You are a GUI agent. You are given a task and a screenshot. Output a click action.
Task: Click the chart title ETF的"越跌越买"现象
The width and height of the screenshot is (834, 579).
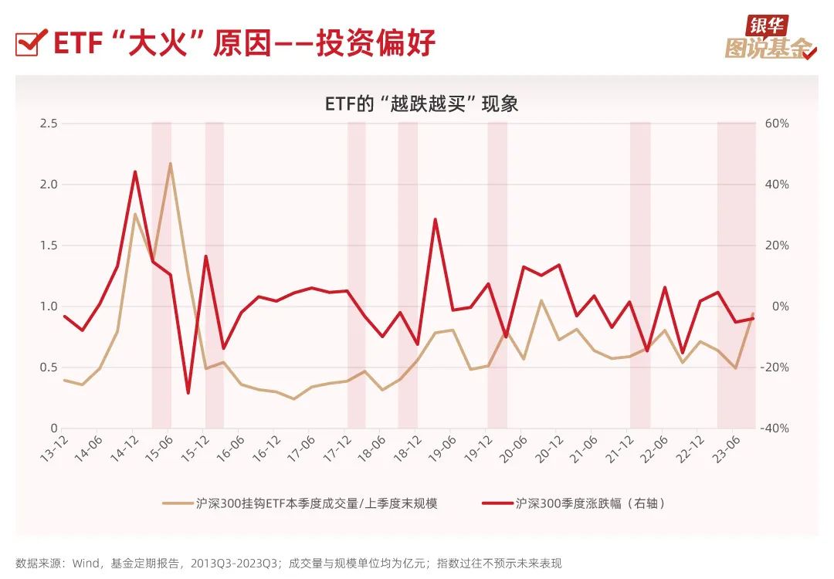click(422, 103)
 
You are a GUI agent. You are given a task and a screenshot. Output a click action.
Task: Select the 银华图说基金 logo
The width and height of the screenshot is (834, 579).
click(769, 39)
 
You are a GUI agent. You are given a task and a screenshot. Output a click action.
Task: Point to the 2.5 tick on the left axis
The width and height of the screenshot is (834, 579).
click(48, 124)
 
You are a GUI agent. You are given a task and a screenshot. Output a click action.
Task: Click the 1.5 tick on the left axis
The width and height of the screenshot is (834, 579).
click(48, 245)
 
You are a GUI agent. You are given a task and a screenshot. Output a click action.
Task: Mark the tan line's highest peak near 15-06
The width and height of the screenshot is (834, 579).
click(170, 164)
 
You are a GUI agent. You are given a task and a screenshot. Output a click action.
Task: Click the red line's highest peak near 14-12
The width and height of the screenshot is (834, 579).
click(135, 171)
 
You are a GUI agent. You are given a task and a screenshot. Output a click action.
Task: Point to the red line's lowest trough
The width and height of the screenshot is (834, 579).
click(188, 393)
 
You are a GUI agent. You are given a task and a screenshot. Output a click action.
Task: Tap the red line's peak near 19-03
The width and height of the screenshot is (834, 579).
click(436, 219)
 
